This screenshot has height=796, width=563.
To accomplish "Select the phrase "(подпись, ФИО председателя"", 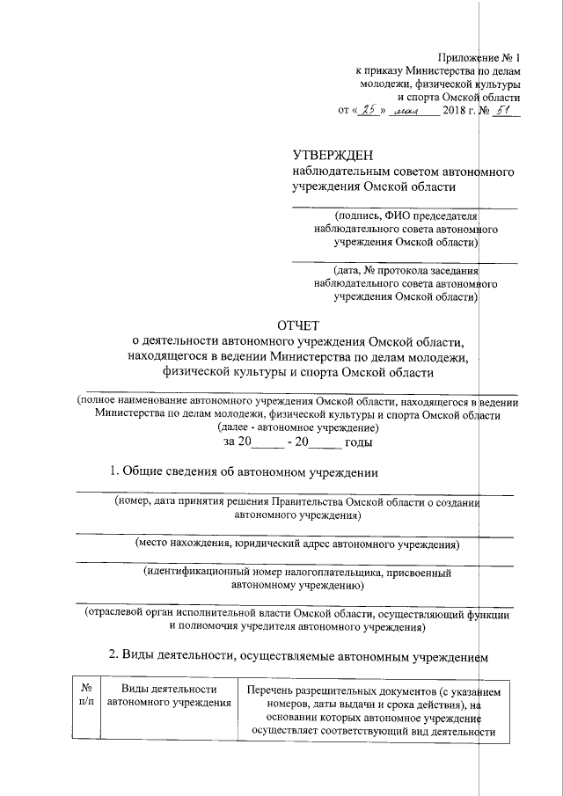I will (x=405, y=216).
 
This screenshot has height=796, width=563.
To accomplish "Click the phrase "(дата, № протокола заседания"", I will (x=405, y=271).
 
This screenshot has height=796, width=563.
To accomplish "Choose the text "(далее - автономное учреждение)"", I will (x=299, y=427).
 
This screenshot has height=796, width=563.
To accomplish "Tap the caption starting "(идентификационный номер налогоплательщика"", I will (x=297, y=578).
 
